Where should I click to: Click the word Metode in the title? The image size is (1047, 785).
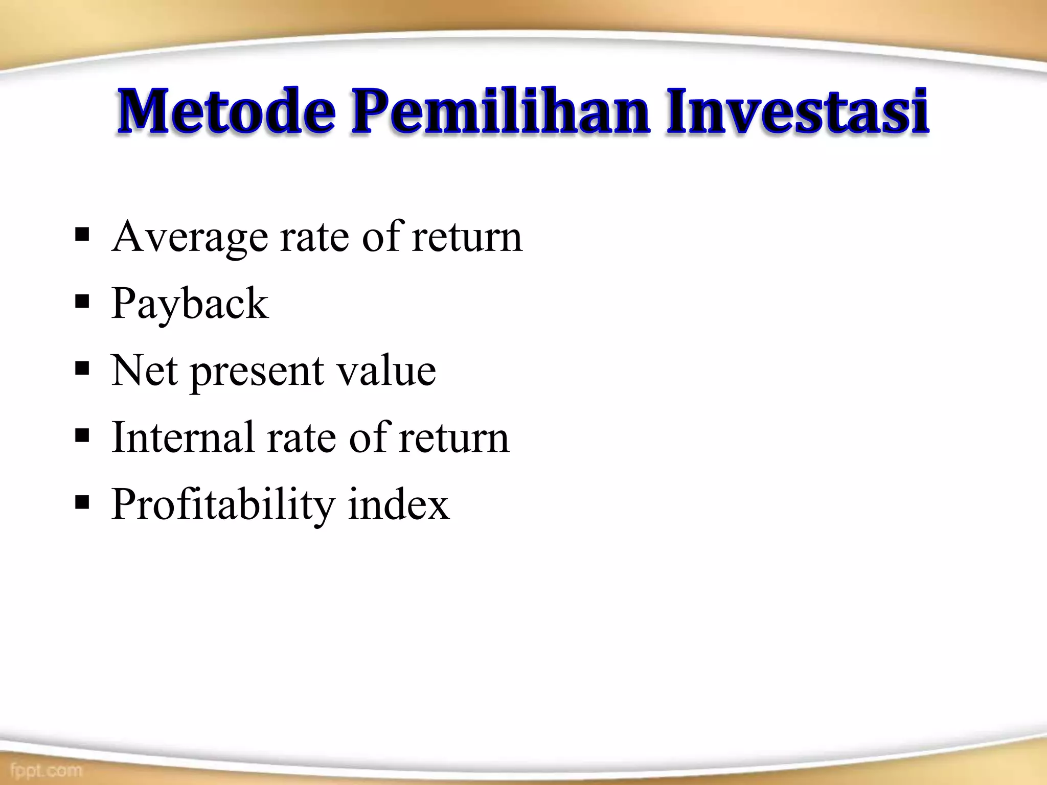click(x=227, y=111)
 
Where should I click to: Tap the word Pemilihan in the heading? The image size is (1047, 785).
click(x=501, y=111)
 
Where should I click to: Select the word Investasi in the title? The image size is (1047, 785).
click(x=798, y=111)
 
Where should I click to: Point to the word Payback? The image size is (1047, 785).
click(x=190, y=305)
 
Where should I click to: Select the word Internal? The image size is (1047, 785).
click(x=183, y=438)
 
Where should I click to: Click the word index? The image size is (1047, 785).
click(x=398, y=505)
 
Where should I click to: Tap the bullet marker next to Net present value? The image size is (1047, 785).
click(x=82, y=368)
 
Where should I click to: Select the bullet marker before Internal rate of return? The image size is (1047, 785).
click(x=82, y=436)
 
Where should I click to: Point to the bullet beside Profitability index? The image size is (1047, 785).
click(x=82, y=503)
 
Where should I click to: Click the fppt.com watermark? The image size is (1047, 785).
click(x=46, y=770)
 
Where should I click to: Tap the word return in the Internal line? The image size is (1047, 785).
click(x=454, y=438)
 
